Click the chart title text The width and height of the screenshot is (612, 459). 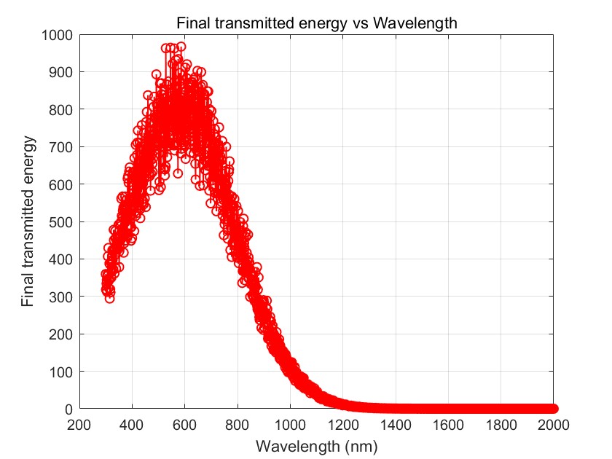tap(316, 23)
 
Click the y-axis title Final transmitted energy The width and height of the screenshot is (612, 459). tap(28, 221)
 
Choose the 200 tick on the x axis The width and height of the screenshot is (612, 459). tap(79, 424)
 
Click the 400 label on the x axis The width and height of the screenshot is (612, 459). tap(132, 424)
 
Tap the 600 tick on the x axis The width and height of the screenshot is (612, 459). tap(184, 424)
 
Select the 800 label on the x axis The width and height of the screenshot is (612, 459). tap(238, 424)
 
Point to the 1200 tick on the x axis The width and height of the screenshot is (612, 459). tap(342, 424)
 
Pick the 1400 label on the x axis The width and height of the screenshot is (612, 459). tap(396, 424)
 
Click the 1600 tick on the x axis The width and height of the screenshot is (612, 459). tap(448, 424)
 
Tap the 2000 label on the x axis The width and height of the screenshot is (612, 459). tap(553, 424)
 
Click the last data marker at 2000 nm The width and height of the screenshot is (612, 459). tap(553, 409)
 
